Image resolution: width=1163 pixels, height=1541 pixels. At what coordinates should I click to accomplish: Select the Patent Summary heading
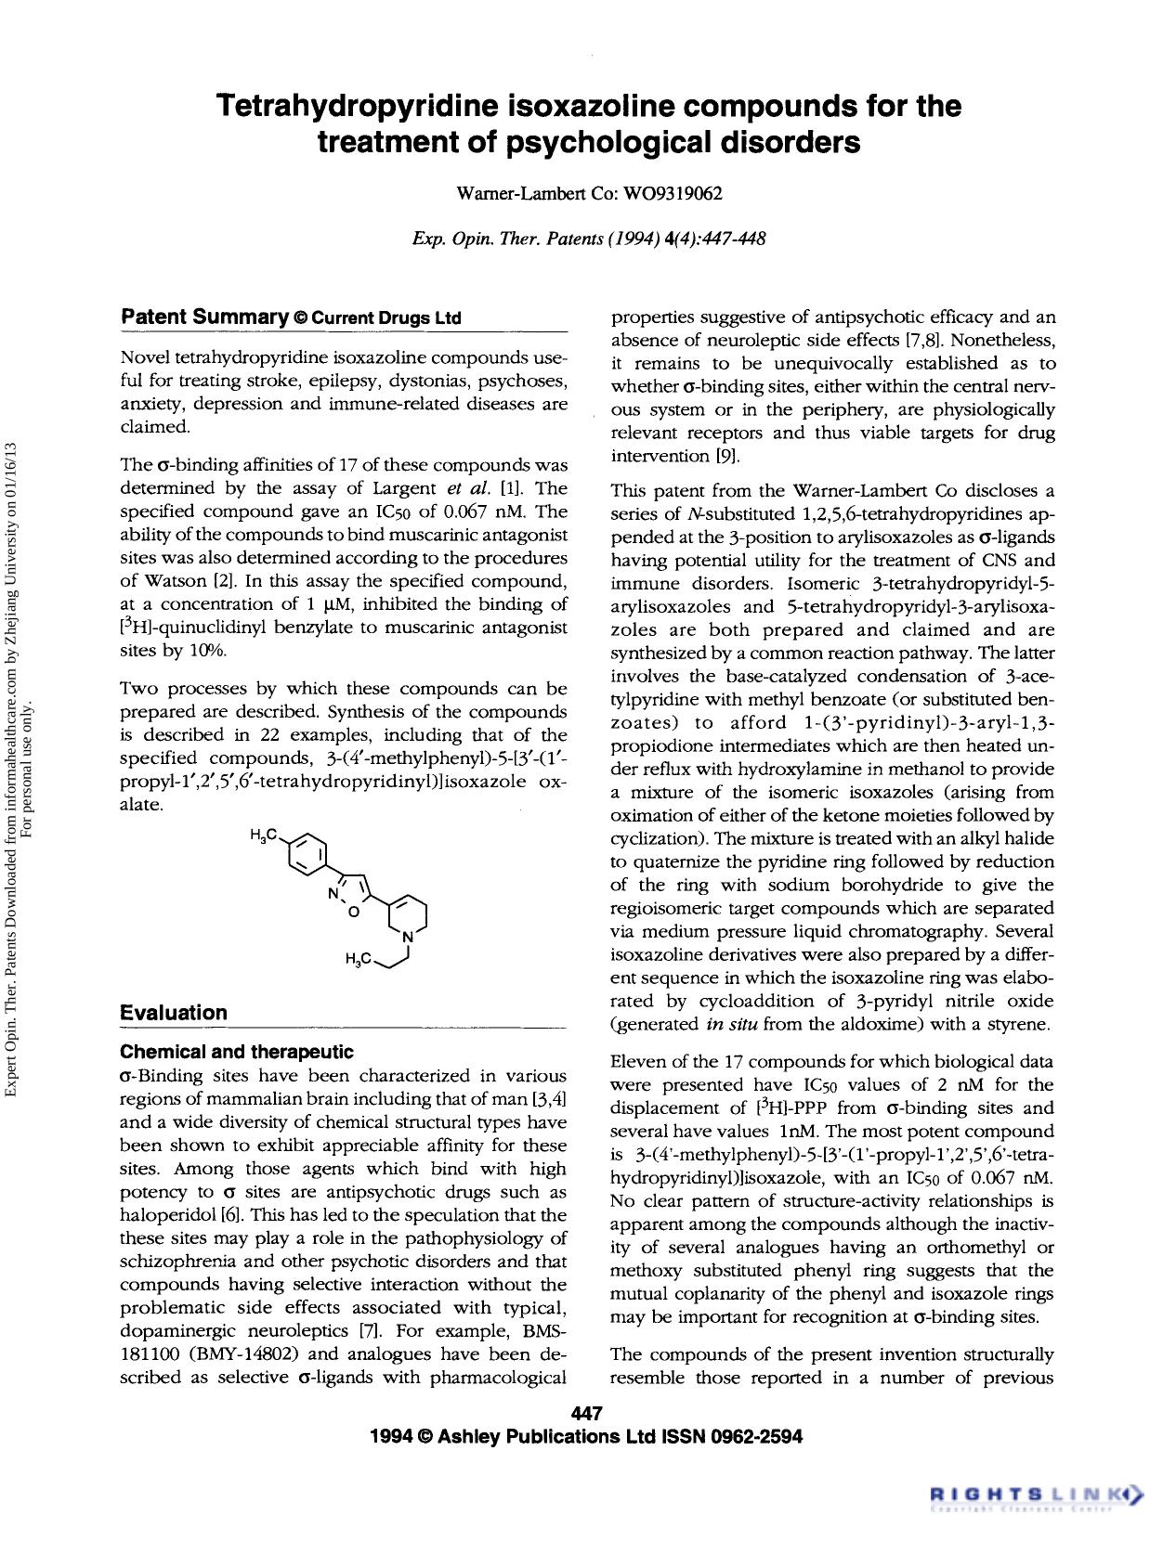coord(204,317)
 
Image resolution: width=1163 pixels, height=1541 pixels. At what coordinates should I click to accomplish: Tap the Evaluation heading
coord(174,1013)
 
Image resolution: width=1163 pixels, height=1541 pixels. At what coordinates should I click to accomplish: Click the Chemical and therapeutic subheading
coord(237,1052)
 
